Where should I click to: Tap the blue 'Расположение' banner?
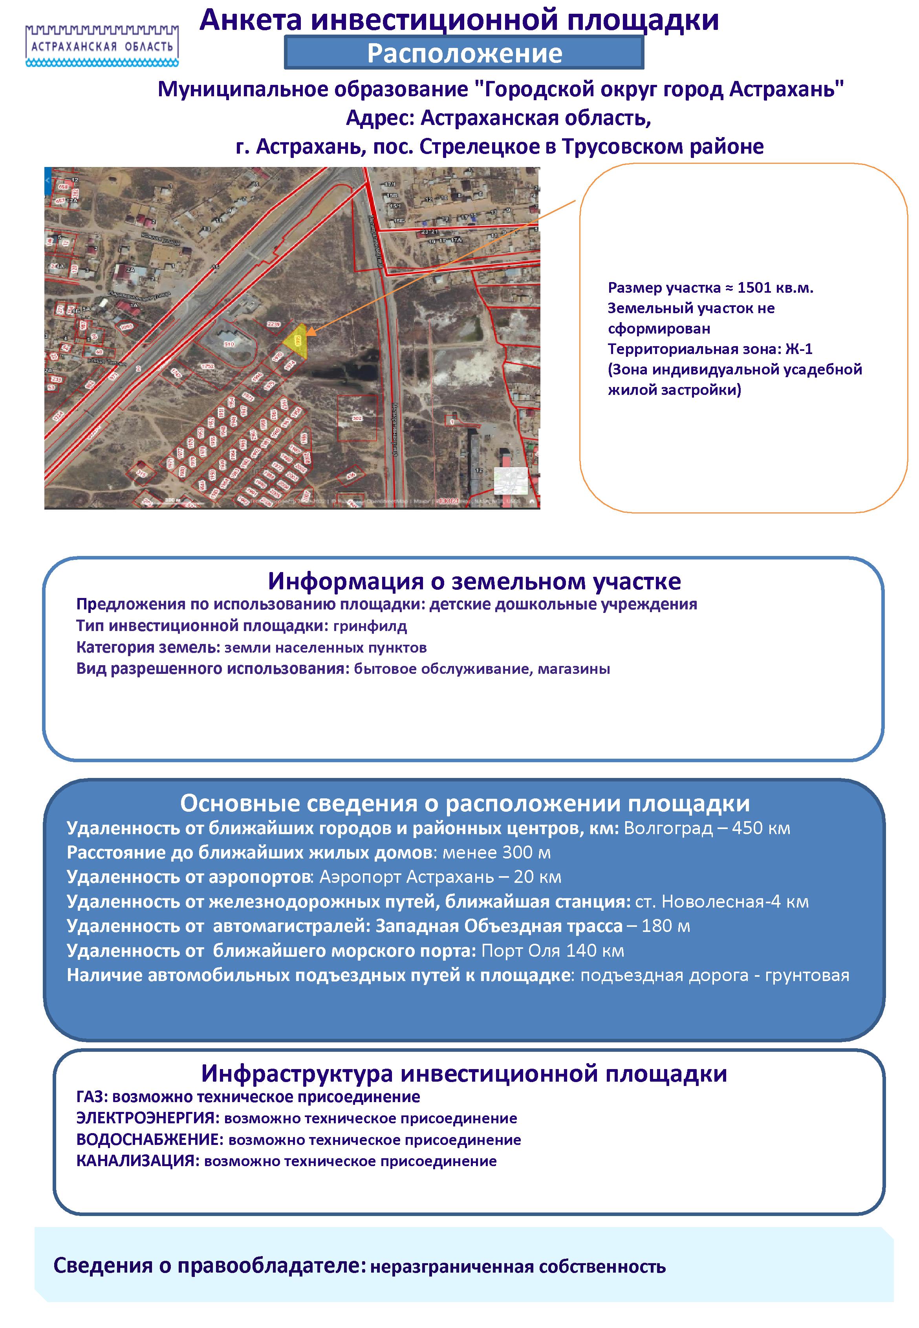464,53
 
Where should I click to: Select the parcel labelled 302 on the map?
357,419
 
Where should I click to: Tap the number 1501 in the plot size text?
754,288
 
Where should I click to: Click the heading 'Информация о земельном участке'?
474,581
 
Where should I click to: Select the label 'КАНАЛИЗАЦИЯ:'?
137,1161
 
